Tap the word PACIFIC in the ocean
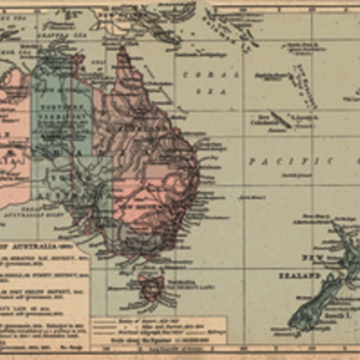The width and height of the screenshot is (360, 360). (268, 160)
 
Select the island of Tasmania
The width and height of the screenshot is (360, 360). (151, 287)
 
